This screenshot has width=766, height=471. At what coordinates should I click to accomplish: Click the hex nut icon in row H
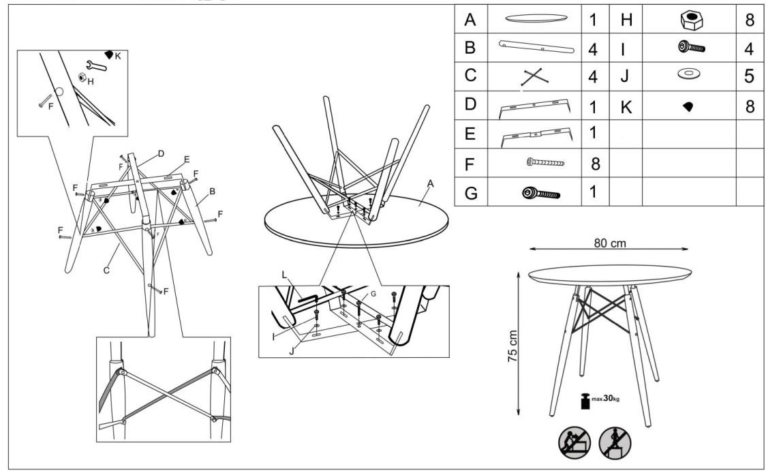[691, 20]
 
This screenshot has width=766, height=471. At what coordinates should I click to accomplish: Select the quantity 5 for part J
[749, 76]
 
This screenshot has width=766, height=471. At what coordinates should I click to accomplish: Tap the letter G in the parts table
[471, 193]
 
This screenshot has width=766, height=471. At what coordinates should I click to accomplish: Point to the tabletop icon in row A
[536, 18]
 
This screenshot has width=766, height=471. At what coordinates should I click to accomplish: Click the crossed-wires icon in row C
[534, 77]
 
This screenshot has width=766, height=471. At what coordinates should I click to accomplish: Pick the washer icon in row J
[689, 74]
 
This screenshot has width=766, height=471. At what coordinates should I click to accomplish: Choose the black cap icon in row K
[688, 106]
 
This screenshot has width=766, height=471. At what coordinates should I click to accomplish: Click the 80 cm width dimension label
[610, 243]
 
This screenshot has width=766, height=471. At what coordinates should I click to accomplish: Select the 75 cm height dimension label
[512, 346]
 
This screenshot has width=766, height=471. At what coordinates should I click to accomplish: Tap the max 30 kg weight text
[605, 399]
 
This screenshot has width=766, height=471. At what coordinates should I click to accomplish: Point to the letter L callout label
[284, 275]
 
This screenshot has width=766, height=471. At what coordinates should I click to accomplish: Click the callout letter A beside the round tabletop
[430, 184]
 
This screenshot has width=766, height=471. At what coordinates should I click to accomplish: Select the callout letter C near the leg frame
[106, 270]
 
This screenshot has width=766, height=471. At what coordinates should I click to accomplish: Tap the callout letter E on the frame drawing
[187, 159]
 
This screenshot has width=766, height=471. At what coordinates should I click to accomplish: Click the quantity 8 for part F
[595, 164]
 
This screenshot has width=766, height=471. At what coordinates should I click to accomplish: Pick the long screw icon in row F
[545, 162]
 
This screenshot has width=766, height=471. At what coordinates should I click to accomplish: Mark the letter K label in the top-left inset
[118, 56]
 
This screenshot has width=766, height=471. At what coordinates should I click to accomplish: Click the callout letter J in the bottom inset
[292, 351]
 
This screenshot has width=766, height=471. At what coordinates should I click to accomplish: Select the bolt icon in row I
[691, 48]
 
